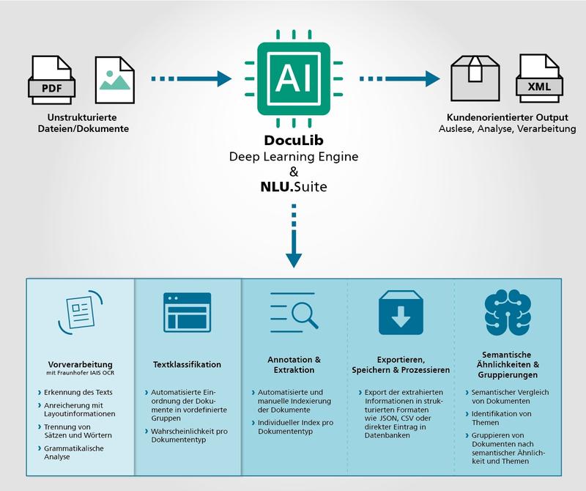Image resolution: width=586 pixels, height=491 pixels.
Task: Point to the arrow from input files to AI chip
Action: (190, 78)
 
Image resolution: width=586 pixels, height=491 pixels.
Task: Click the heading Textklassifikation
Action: (187, 364)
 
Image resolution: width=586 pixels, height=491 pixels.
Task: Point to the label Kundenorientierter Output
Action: (507, 118)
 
